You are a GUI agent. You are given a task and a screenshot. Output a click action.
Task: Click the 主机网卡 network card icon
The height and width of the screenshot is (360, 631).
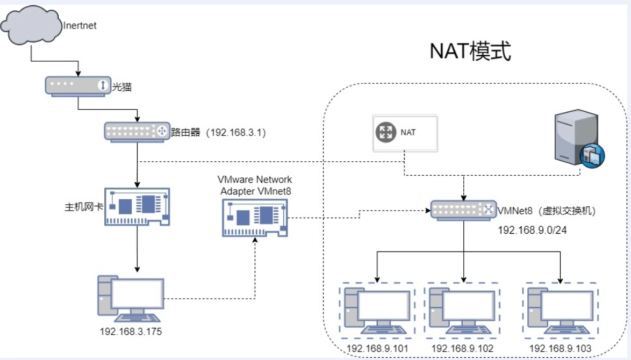point(137,206)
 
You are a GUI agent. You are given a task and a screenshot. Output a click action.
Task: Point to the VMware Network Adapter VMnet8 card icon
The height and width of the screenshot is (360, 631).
point(255,217)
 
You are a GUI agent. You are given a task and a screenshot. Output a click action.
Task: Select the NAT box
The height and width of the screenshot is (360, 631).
point(405,133)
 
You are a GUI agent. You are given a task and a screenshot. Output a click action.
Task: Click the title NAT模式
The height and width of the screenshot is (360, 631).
point(470,52)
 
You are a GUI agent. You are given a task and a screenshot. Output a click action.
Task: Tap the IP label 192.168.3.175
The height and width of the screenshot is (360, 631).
point(131,331)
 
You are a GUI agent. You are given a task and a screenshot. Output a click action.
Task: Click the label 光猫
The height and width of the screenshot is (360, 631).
point(119,87)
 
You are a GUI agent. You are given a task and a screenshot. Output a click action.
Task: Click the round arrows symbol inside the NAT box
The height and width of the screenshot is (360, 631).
point(385,133)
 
